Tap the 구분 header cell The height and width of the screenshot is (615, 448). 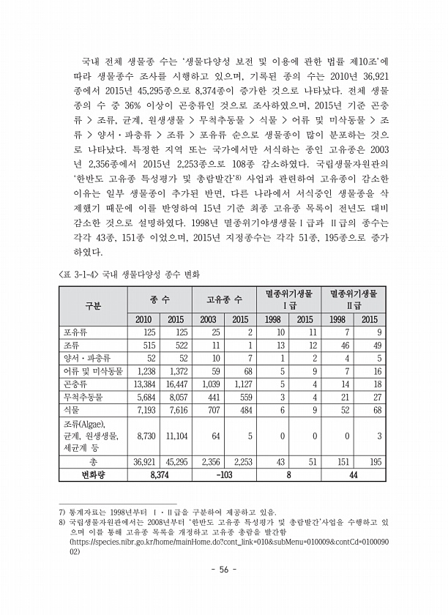pos(93,305)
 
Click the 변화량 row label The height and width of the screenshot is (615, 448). pos(93,474)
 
